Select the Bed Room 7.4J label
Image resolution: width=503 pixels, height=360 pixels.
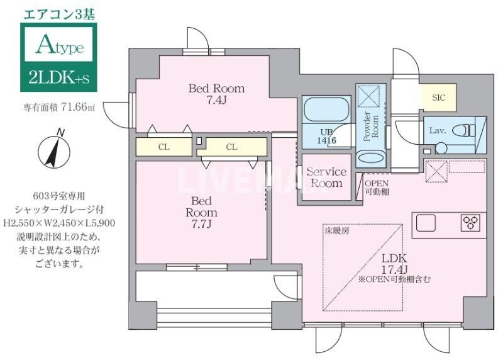point(216,94)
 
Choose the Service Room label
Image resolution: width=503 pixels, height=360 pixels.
point(326,177)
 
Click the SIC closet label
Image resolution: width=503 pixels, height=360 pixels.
point(438,98)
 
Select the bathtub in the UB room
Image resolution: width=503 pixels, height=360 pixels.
point(326,111)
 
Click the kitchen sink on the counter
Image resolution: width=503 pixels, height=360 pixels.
point(426,223)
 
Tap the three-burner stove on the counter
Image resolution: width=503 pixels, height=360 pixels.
point(470,223)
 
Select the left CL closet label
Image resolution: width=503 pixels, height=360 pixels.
point(163,147)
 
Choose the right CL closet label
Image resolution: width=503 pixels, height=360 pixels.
point(231,147)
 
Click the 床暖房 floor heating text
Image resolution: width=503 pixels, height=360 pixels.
point(336,231)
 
